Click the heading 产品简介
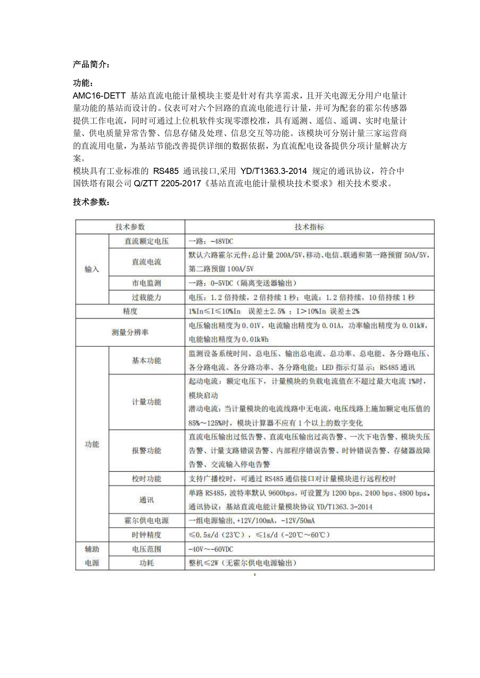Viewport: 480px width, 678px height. click(91, 65)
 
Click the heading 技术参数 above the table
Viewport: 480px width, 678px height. click(91, 202)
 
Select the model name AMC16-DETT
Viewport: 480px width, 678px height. click(99, 95)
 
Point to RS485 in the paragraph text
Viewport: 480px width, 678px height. click(166, 171)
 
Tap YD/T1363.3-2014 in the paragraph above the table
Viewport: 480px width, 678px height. click(273, 171)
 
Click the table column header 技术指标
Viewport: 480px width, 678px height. click(309, 227)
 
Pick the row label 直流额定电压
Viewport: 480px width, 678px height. click(146, 241)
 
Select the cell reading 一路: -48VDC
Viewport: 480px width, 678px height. click(211, 241)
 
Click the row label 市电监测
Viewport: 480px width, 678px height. click(146, 283)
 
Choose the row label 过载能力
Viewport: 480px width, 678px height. click(146, 297)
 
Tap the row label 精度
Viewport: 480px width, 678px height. click(130, 311)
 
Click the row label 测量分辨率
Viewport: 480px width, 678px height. click(130, 332)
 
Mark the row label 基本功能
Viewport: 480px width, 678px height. click(146, 360)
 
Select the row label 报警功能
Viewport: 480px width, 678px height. click(146, 450)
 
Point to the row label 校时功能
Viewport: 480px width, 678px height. click(146, 479)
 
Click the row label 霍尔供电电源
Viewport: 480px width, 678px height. click(146, 520)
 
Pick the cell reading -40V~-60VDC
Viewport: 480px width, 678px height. click(211, 549)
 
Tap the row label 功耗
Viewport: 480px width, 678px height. click(146, 563)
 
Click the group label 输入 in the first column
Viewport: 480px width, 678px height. click(92, 269)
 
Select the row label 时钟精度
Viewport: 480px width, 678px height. click(146, 535)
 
